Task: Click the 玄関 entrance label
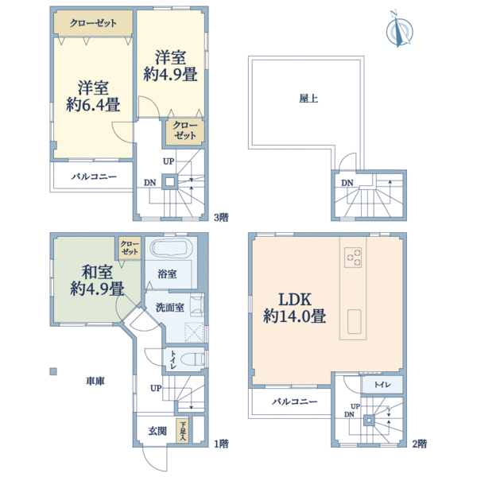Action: click(x=156, y=432)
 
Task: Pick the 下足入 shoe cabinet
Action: click(x=183, y=431)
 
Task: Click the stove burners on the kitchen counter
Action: click(x=353, y=258)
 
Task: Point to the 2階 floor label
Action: click(x=420, y=443)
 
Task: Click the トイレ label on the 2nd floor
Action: click(x=383, y=384)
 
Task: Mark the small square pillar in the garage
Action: click(x=54, y=370)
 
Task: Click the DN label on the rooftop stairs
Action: click(x=347, y=184)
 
